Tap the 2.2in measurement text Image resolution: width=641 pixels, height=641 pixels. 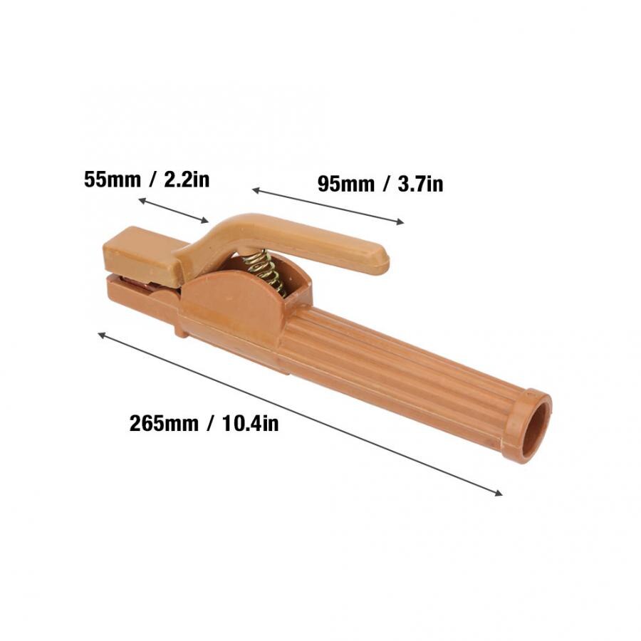pos(187,178)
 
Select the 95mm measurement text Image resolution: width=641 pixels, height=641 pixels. pos(345,184)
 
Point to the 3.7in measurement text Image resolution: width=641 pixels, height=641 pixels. pos(420,184)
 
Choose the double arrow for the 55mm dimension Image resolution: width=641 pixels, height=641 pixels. pos(174,211)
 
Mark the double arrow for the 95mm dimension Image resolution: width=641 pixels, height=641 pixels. pos(328,207)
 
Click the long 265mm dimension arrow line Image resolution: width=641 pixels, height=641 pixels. pos(299,413)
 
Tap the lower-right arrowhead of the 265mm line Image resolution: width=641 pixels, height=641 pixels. pos(499,493)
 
